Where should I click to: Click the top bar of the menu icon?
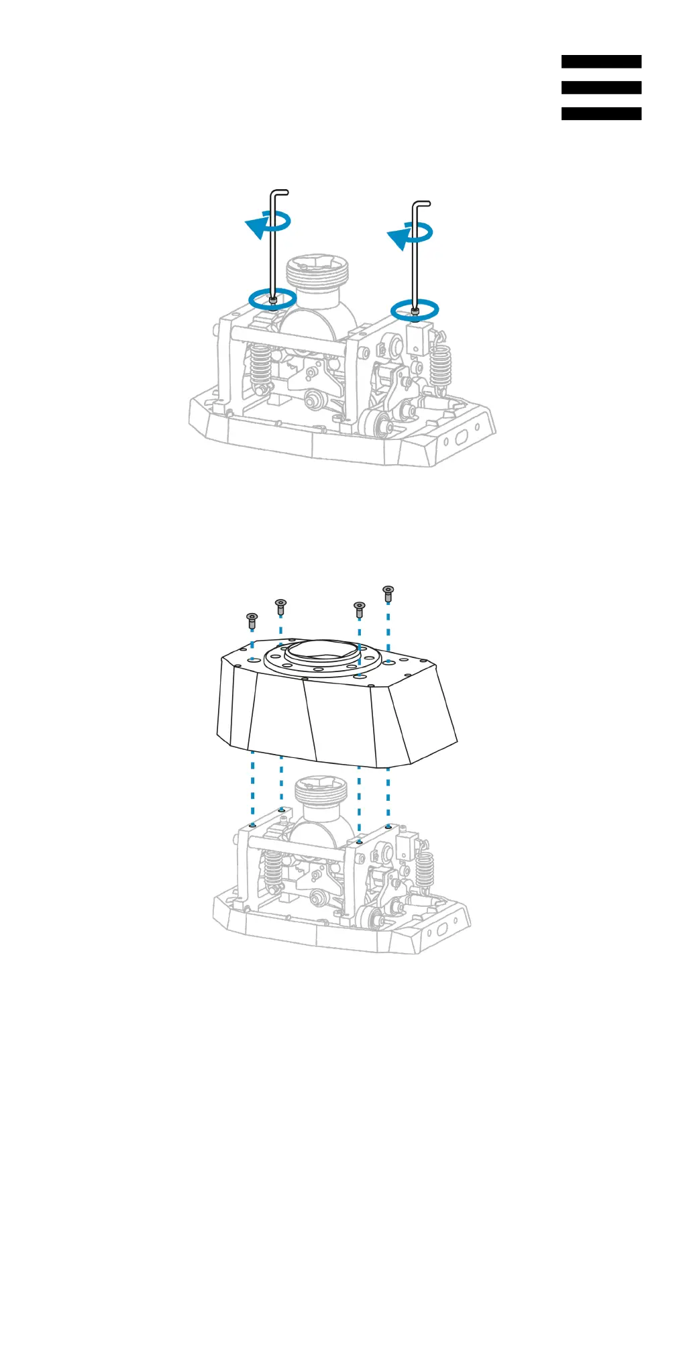click(601, 62)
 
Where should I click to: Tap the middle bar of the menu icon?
click(601, 88)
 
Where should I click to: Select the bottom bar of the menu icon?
click(601, 114)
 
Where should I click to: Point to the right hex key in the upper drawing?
click(415, 255)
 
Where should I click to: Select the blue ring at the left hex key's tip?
click(272, 299)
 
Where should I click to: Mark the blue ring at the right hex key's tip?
click(415, 309)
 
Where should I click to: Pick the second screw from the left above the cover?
click(281, 606)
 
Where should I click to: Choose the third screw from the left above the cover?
click(359, 609)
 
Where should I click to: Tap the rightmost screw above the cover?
click(388, 593)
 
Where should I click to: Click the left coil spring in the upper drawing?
click(261, 368)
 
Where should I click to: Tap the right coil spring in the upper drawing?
click(441, 369)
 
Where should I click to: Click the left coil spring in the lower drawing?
click(272, 871)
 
